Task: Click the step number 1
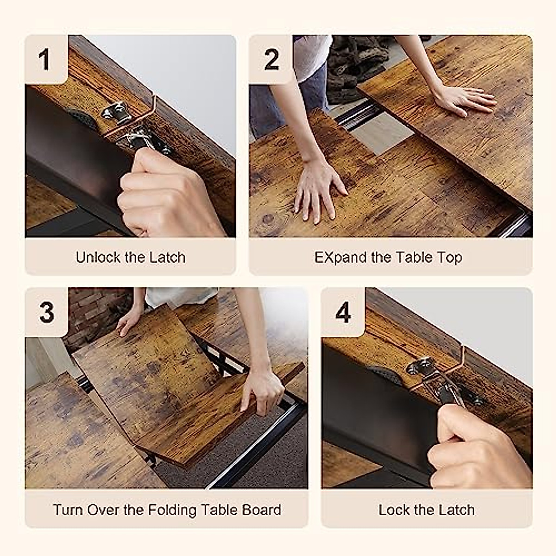(45, 60)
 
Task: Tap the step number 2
(272, 59)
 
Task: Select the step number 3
(47, 312)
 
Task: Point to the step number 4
(343, 312)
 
